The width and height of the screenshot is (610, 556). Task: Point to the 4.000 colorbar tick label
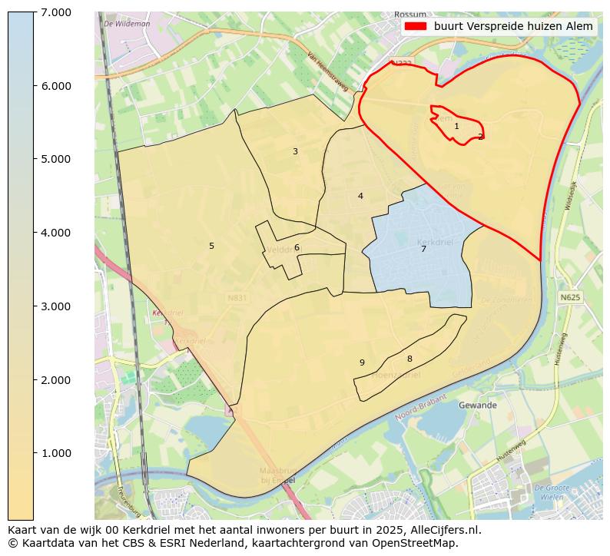[55, 233]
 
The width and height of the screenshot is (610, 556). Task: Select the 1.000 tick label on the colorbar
[55, 453]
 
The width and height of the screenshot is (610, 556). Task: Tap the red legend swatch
[415, 26]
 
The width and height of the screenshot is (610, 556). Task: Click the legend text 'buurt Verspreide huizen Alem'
[513, 26]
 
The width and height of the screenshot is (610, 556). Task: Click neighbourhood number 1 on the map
[456, 127]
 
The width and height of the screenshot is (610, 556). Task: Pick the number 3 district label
[295, 152]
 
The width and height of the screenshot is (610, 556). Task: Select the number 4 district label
[360, 197]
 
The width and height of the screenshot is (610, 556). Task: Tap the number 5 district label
[211, 247]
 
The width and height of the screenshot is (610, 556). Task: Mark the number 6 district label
[297, 248]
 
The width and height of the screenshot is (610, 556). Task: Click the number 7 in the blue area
[423, 249]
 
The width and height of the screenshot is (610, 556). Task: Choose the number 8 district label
[409, 359]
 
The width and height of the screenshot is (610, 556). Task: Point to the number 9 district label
[362, 363]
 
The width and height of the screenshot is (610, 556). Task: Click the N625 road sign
[570, 297]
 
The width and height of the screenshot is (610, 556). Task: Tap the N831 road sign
[237, 297]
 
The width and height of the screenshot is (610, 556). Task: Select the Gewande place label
[478, 405]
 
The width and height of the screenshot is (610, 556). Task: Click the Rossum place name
[409, 15]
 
